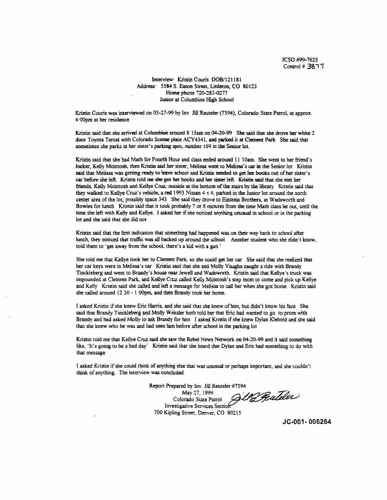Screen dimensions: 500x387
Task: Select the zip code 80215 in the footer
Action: (x=234, y=413)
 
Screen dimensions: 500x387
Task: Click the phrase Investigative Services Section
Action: (x=196, y=406)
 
